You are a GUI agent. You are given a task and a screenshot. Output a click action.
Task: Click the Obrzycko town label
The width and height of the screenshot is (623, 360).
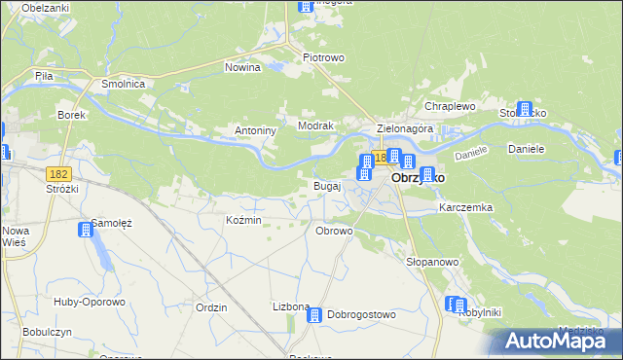tap(419, 179)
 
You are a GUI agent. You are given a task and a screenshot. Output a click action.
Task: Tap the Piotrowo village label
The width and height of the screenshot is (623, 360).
tap(324, 57)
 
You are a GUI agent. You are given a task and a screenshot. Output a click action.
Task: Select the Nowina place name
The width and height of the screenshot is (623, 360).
tap(242, 67)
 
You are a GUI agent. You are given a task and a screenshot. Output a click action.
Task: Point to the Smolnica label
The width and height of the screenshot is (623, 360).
tap(124, 85)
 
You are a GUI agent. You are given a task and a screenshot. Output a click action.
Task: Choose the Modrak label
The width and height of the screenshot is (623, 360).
tap(316, 126)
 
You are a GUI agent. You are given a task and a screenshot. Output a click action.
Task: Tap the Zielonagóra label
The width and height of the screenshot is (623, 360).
tap(405, 128)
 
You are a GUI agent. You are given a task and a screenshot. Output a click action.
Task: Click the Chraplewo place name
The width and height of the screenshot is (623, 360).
tap(449, 106)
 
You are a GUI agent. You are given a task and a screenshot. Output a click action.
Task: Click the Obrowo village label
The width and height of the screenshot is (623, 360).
tap(334, 231)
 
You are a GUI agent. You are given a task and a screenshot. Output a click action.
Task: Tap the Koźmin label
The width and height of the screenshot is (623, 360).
tap(243, 221)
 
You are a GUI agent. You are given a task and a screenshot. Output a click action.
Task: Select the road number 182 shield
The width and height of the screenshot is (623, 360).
tap(58, 172)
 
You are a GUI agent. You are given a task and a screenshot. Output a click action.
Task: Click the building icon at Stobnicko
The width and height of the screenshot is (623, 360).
tap(526, 110)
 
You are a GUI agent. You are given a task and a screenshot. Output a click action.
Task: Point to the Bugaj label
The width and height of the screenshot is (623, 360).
tap(326, 185)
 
